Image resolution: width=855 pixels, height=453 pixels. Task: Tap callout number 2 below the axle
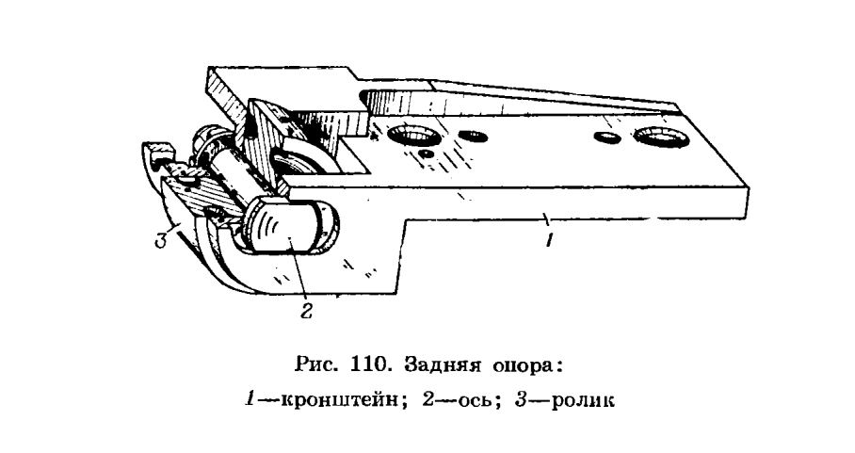[x=307, y=311]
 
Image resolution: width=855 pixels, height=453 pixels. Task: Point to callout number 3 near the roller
[x=160, y=240]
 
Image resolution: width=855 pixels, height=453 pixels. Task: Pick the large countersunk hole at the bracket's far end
[x=661, y=137]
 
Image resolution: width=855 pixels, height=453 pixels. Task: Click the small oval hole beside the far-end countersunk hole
[x=607, y=138]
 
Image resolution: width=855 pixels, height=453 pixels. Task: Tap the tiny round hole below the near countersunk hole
[x=427, y=154]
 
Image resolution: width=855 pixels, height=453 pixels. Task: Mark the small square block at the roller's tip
[x=160, y=150]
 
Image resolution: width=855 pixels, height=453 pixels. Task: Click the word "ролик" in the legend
[x=582, y=401]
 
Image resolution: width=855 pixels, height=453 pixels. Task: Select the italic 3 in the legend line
[x=520, y=400]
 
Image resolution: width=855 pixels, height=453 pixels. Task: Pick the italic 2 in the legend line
[x=428, y=400]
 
